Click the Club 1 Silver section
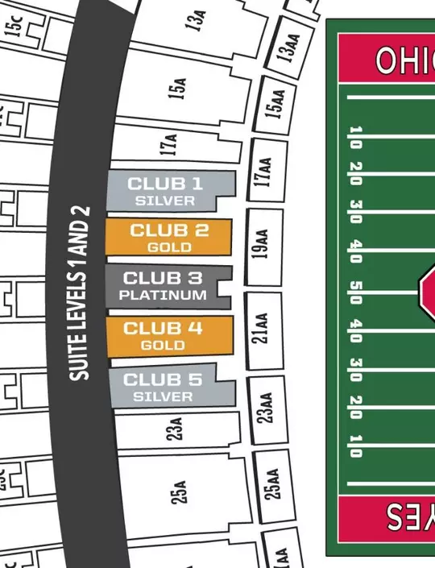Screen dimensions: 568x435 [x=166, y=190]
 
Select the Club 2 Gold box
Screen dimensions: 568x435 [x=169, y=238]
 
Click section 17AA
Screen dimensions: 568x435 [x=263, y=172]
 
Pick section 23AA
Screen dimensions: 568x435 [x=267, y=407]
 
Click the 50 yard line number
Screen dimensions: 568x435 [x=355, y=288]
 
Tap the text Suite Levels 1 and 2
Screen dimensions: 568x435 [x=79, y=294]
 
